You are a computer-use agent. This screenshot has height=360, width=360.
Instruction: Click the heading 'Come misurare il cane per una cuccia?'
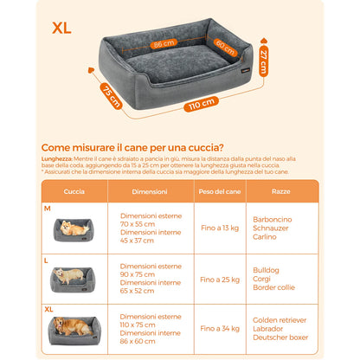tap(133, 147)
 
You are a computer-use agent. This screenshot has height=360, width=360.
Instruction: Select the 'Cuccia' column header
tap(74, 191)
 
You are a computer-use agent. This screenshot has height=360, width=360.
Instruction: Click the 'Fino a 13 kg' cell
tap(220, 227)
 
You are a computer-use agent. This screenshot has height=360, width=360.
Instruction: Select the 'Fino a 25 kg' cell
tap(220, 280)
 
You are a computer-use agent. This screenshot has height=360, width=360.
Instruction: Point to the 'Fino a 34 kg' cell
tap(220, 330)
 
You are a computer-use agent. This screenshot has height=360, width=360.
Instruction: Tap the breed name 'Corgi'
tap(261, 280)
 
